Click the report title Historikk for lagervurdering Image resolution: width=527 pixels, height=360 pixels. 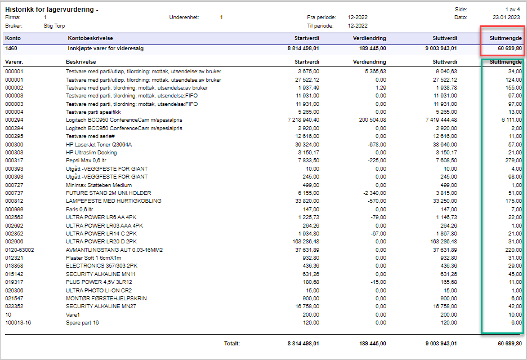(50, 10)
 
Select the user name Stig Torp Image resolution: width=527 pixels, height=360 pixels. (54, 26)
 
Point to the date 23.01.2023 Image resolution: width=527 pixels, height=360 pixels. (506, 17)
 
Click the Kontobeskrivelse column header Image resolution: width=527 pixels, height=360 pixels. (91, 38)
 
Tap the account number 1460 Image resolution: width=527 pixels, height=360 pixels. (11, 48)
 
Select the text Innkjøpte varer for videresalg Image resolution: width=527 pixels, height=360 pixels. (105, 48)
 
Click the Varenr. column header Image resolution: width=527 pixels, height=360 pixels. (14, 62)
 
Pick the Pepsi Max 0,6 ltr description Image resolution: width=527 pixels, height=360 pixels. (86, 161)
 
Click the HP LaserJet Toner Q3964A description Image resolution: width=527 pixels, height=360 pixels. (99, 145)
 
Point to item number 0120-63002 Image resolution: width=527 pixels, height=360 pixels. (20, 250)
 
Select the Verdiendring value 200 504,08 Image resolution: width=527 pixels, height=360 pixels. (372, 120)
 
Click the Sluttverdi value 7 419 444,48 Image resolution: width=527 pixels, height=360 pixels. (441, 120)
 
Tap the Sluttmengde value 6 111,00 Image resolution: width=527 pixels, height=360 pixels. (512, 120)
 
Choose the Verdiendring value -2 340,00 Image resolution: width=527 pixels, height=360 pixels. (375, 193)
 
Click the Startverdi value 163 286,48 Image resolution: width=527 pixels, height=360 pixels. (306, 242)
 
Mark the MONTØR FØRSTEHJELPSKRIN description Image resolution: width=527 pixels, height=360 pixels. (106, 299)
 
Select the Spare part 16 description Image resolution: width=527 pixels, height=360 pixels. (82, 323)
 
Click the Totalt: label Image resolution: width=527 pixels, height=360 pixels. (232, 344)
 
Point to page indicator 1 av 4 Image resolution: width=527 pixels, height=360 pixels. (512, 10)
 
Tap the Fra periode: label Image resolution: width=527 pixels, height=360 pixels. (321, 17)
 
